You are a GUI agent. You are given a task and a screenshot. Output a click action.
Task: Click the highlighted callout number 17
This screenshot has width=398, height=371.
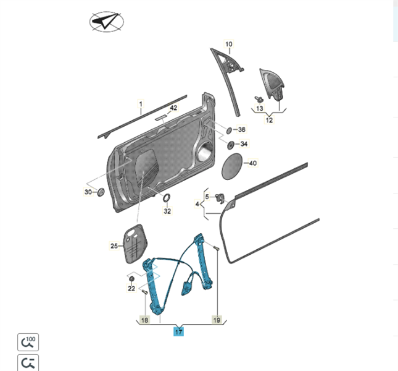[178, 332]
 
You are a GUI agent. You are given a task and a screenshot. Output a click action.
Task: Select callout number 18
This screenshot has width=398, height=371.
[144, 320]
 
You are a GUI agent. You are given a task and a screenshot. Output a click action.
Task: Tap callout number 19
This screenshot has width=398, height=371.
[217, 320]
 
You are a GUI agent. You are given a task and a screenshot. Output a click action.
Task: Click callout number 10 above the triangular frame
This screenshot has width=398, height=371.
[228, 44]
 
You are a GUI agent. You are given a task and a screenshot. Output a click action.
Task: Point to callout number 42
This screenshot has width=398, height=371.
[173, 108]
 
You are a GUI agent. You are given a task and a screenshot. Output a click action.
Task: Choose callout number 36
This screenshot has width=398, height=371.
[241, 130]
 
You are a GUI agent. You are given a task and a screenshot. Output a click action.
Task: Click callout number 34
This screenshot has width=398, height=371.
[243, 144]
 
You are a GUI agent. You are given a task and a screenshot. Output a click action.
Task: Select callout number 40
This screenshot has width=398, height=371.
[252, 163]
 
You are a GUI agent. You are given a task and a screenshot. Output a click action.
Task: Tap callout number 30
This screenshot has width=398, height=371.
[88, 192]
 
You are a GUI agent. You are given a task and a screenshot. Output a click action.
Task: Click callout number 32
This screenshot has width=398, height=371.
[167, 211]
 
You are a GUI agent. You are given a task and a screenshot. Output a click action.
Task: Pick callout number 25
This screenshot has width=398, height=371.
[114, 246]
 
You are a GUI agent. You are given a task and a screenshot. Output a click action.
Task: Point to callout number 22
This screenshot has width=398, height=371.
[131, 289]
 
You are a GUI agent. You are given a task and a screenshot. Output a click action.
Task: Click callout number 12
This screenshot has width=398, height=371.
[269, 120]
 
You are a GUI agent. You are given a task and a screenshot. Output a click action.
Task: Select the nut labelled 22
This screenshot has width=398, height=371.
[131, 279]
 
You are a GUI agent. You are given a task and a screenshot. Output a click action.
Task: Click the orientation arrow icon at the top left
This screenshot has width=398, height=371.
[106, 23]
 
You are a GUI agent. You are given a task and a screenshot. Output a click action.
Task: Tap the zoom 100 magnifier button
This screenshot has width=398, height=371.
[28, 341]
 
